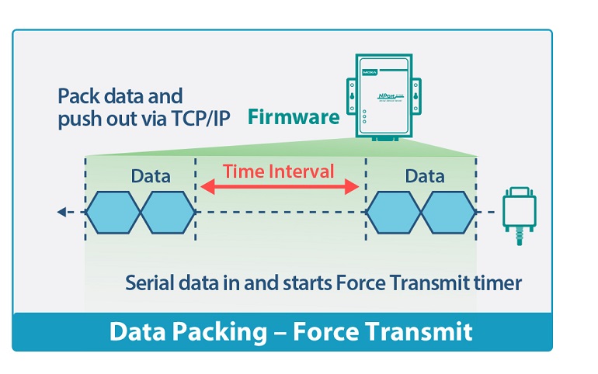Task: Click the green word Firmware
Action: coord(294,117)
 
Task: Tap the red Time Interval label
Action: coord(279,171)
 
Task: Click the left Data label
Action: coord(151,175)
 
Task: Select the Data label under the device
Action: coord(425,175)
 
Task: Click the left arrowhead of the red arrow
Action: coord(204,186)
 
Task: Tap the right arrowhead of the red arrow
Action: coord(356,186)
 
